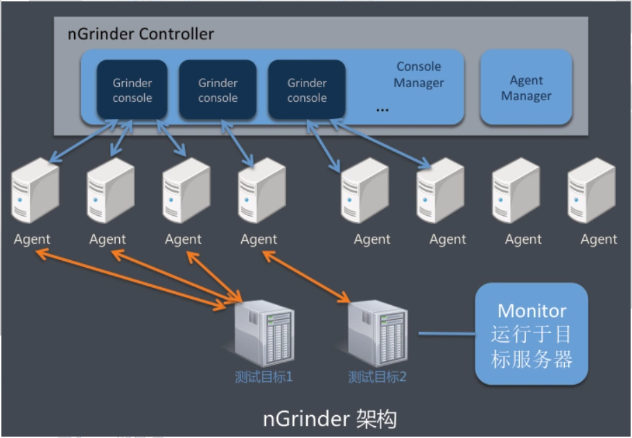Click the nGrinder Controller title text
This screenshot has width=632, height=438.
pyautogui.click(x=141, y=34)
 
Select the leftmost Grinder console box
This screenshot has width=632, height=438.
pyautogui.click(x=132, y=90)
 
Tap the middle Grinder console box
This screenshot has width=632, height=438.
pyautogui.click(x=218, y=90)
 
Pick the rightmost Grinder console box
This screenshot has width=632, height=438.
pyautogui.click(x=306, y=90)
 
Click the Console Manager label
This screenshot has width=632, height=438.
pyautogui.click(x=419, y=75)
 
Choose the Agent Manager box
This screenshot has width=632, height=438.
pyautogui.click(x=526, y=88)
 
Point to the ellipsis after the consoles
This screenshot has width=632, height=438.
pyautogui.click(x=382, y=109)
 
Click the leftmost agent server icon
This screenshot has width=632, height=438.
pyautogui.click(x=34, y=191)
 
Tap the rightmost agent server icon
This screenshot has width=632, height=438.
pyautogui.click(x=591, y=191)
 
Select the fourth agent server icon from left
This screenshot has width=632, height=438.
pyautogui.click(x=261, y=191)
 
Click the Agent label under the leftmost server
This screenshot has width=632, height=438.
pyautogui.click(x=32, y=239)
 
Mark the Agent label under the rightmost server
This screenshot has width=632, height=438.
pyautogui.click(x=599, y=239)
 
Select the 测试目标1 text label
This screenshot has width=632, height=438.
pyautogui.click(x=264, y=377)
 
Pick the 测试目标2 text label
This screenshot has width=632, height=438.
pyautogui.click(x=377, y=377)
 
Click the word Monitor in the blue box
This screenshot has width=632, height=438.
pyautogui.click(x=532, y=311)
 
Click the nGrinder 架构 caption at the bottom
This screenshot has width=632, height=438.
pyautogui.click(x=330, y=419)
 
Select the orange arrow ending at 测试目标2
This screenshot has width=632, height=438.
pyautogui.click(x=305, y=277)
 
